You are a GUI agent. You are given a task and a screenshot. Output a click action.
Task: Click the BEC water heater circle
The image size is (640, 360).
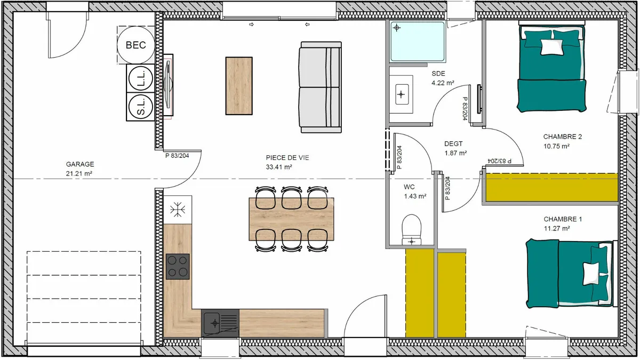point(136,45)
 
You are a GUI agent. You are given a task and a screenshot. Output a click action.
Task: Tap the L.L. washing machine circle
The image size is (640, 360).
point(141,78)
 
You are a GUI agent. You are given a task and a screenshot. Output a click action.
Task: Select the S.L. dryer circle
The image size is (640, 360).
point(141,107)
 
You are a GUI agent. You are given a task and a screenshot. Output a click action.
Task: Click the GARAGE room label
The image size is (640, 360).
point(80,164)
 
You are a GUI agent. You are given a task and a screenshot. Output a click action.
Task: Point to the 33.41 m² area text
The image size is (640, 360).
point(279,167)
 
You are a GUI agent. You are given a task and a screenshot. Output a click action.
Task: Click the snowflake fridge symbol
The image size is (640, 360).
point(178,210)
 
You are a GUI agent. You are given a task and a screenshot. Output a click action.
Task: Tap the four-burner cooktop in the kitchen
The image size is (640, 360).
point(178,266)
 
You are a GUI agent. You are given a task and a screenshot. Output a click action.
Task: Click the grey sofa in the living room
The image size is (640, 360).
point(321,87)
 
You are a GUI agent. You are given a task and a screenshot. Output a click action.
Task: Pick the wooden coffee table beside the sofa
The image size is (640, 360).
point(239,86)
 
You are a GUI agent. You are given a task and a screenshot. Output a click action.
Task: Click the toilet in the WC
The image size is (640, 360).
point(411,230)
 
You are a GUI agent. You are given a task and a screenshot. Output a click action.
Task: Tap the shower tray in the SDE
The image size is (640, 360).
point(418,42)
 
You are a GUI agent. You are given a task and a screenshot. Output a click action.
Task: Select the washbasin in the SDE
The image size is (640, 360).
point(401,94)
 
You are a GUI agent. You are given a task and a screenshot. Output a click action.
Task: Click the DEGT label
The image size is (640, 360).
point(453,143)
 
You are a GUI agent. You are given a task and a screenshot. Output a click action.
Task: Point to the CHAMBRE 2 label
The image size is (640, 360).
point(563,137)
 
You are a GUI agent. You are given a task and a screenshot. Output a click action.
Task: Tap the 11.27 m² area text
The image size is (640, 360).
point(557,229)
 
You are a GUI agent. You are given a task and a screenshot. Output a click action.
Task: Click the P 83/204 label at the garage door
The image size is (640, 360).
point(177,156)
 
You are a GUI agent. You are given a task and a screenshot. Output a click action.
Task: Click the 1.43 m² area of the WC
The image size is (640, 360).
point(415,196)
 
